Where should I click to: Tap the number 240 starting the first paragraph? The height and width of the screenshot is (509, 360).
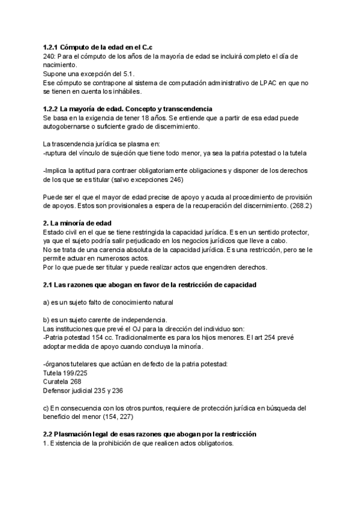click(x=49, y=56)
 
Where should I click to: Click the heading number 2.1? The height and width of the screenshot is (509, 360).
click(x=49, y=284)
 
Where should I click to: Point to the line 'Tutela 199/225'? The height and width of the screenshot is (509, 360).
click(x=65, y=373)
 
